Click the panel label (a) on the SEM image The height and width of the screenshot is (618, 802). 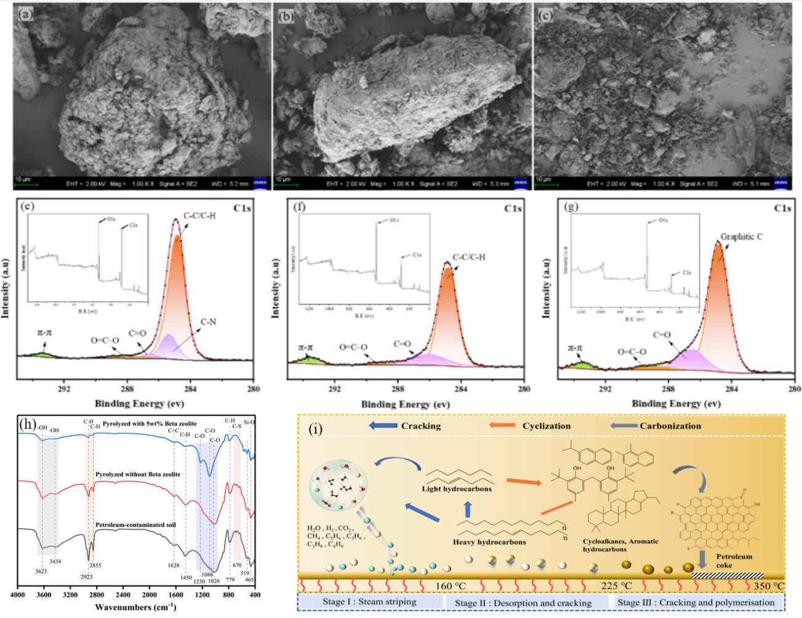click(x=25, y=14)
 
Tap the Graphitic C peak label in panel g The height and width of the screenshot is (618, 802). click(x=741, y=236)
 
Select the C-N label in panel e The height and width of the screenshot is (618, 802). click(x=208, y=322)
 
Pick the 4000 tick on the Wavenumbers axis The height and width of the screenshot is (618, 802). click(x=18, y=595)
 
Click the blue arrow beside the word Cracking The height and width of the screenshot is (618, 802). click(x=382, y=425)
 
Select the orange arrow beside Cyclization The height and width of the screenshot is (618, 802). click(x=502, y=425)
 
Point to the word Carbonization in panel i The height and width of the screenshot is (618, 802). click(x=670, y=425)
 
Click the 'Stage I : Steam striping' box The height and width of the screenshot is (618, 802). click(x=369, y=601)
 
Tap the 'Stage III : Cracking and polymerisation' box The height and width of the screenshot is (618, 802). click(x=696, y=602)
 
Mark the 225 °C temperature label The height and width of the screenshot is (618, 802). click(x=617, y=585)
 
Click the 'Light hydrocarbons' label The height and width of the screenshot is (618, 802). click(x=457, y=489)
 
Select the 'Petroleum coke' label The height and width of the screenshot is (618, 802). click(x=734, y=560)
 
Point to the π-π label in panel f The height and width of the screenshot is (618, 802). click(x=306, y=348)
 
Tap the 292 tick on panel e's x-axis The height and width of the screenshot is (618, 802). click(x=64, y=388)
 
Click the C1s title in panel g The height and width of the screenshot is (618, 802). click(x=782, y=208)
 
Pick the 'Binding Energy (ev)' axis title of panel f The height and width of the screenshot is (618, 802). click(x=405, y=404)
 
